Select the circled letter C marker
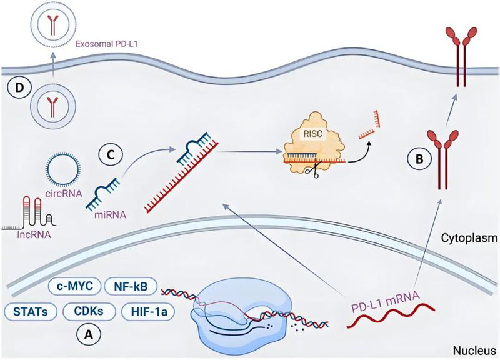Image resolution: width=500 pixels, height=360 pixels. pyautogui.click(x=111, y=152)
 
